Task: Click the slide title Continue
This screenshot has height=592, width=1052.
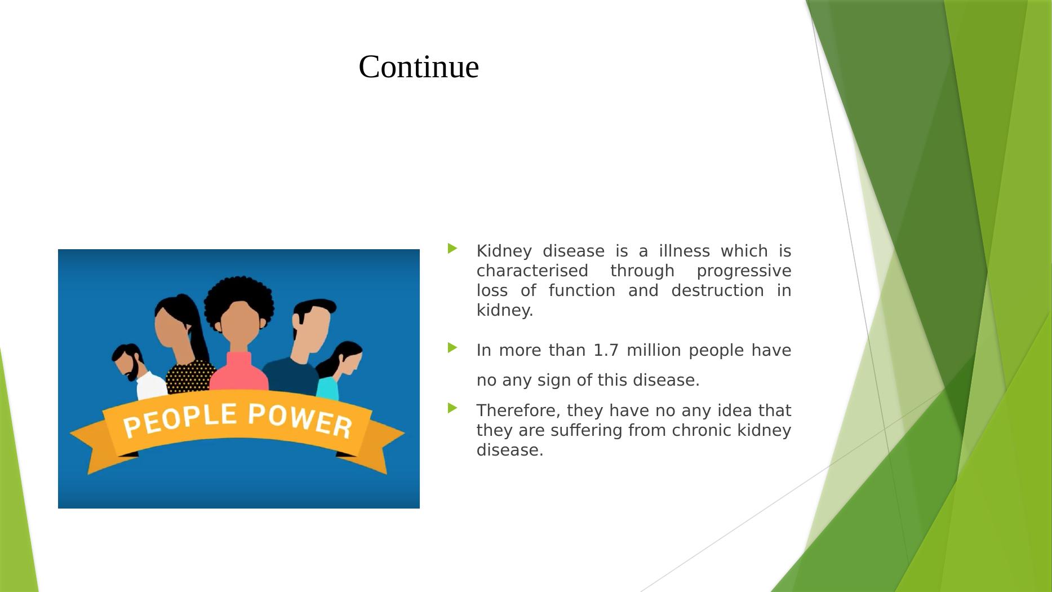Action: point(419,67)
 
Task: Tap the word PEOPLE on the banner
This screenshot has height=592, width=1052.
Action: point(180,421)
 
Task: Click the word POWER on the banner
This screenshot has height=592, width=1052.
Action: point(300,420)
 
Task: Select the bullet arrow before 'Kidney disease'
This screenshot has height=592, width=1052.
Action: point(452,248)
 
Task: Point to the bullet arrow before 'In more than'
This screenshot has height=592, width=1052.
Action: point(452,348)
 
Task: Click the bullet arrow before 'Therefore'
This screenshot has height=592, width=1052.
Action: point(452,408)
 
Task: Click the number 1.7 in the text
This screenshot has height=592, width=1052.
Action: point(606,350)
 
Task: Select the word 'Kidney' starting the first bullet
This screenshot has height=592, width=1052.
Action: point(504,251)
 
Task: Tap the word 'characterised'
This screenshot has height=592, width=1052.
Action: point(532,271)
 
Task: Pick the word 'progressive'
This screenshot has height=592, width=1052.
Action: point(744,271)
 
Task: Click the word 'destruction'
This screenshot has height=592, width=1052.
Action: point(717,290)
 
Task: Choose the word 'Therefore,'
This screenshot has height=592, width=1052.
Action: point(518,410)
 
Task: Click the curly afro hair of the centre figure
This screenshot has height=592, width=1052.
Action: point(239,299)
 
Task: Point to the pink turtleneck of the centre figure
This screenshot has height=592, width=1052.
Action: point(239,373)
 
